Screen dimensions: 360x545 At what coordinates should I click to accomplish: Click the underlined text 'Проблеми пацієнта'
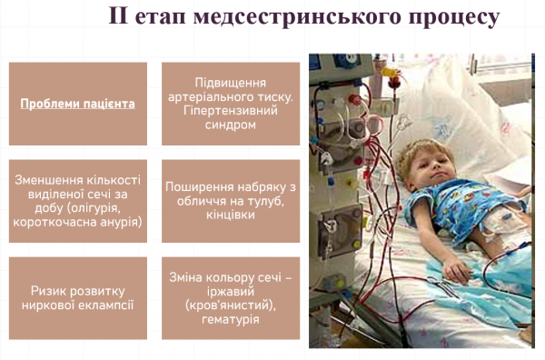click(x=77, y=104)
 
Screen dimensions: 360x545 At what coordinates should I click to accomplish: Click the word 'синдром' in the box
click(x=231, y=125)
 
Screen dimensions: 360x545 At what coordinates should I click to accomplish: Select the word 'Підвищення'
click(x=231, y=82)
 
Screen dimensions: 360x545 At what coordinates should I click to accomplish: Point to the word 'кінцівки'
click(x=231, y=215)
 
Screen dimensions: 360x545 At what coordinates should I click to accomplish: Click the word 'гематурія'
click(x=231, y=320)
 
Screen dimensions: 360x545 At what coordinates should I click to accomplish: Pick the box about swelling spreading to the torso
click(x=231, y=200)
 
